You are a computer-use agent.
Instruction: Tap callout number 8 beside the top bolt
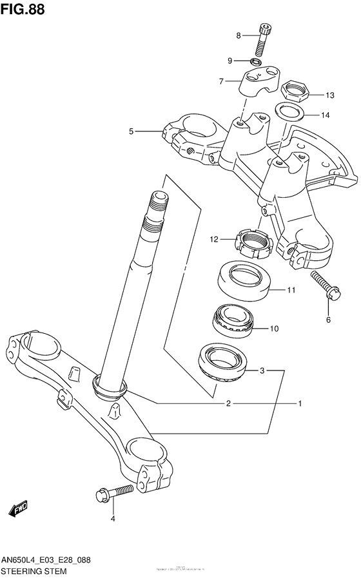pyautogui.click(x=238, y=35)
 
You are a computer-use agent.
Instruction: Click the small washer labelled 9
pyautogui.click(x=255, y=62)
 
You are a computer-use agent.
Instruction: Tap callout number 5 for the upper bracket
pyautogui.click(x=131, y=131)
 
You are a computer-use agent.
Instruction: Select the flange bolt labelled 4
pyautogui.click(x=115, y=494)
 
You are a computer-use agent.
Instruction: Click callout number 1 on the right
pyautogui.click(x=300, y=404)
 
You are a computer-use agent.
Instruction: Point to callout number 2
pyautogui.click(x=228, y=404)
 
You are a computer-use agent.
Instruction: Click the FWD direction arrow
pyautogui.click(x=18, y=509)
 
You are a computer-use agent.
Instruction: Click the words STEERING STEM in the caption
pyautogui.click(x=34, y=571)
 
